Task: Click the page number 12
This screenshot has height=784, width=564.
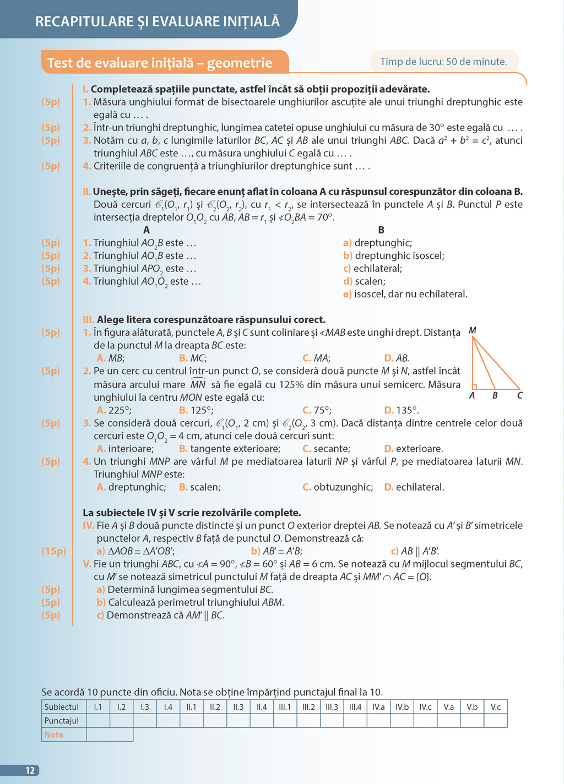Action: pos(30,770)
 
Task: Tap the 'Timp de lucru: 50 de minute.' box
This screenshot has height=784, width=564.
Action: pos(443,62)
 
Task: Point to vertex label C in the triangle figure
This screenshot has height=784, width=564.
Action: pos(519,395)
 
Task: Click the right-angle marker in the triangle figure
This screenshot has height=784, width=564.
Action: pos(475,387)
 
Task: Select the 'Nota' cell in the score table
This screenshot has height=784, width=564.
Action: pos(54,734)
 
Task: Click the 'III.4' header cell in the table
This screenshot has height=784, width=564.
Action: pos(355,707)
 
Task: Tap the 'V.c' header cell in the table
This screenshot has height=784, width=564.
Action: pos(496,707)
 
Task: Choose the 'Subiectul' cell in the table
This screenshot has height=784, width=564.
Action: pos(62,707)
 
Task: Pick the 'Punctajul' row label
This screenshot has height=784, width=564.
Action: pos(62,721)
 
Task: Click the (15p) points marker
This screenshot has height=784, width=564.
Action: pos(53,551)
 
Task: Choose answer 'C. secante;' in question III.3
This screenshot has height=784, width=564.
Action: pos(326,449)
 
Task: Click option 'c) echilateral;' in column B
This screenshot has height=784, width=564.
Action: pos(372,269)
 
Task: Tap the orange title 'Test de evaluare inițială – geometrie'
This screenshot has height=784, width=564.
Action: pos(160,63)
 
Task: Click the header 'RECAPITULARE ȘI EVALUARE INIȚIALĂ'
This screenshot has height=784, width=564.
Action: pos(158,21)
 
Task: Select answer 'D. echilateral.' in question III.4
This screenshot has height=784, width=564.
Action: pos(414,487)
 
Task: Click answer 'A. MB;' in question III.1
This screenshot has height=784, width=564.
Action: pos(111,358)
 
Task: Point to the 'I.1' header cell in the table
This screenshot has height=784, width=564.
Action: pos(98,707)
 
